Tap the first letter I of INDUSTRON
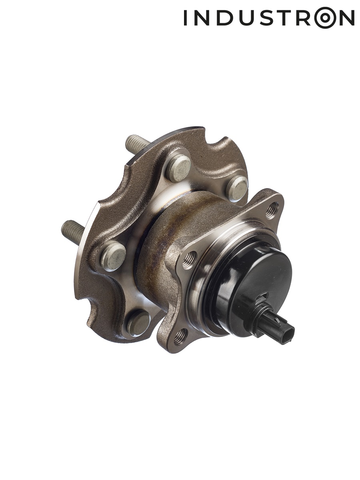click(x=185, y=18)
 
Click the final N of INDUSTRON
click(x=347, y=18)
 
